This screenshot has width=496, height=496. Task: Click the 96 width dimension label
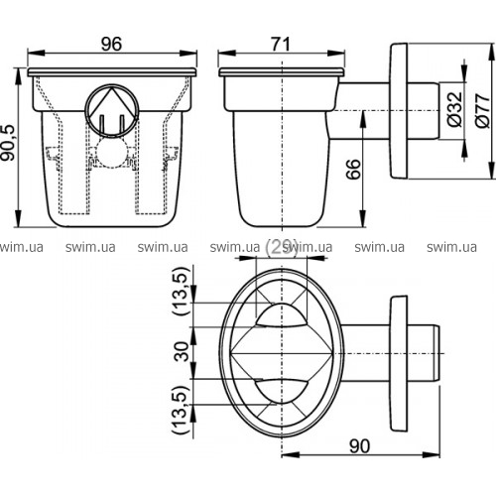click(111, 44)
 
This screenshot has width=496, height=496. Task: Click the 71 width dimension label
click(281, 45)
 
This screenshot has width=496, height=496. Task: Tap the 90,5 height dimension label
click(8, 143)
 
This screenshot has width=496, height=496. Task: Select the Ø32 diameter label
click(454, 109)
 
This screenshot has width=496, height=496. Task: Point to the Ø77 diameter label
click(482, 110)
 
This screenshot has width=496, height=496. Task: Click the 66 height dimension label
click(353, 169)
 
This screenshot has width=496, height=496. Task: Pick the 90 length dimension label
click(359, 446)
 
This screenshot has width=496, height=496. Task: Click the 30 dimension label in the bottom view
click(182, 351)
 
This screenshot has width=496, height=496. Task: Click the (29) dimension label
click(281, 247)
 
